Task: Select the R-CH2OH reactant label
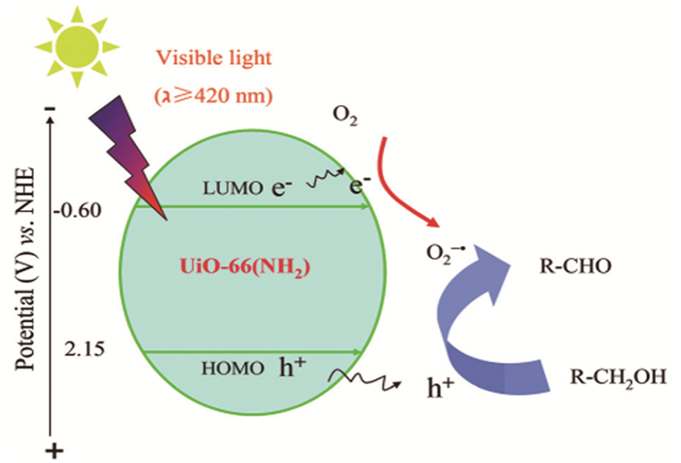point(619,375)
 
